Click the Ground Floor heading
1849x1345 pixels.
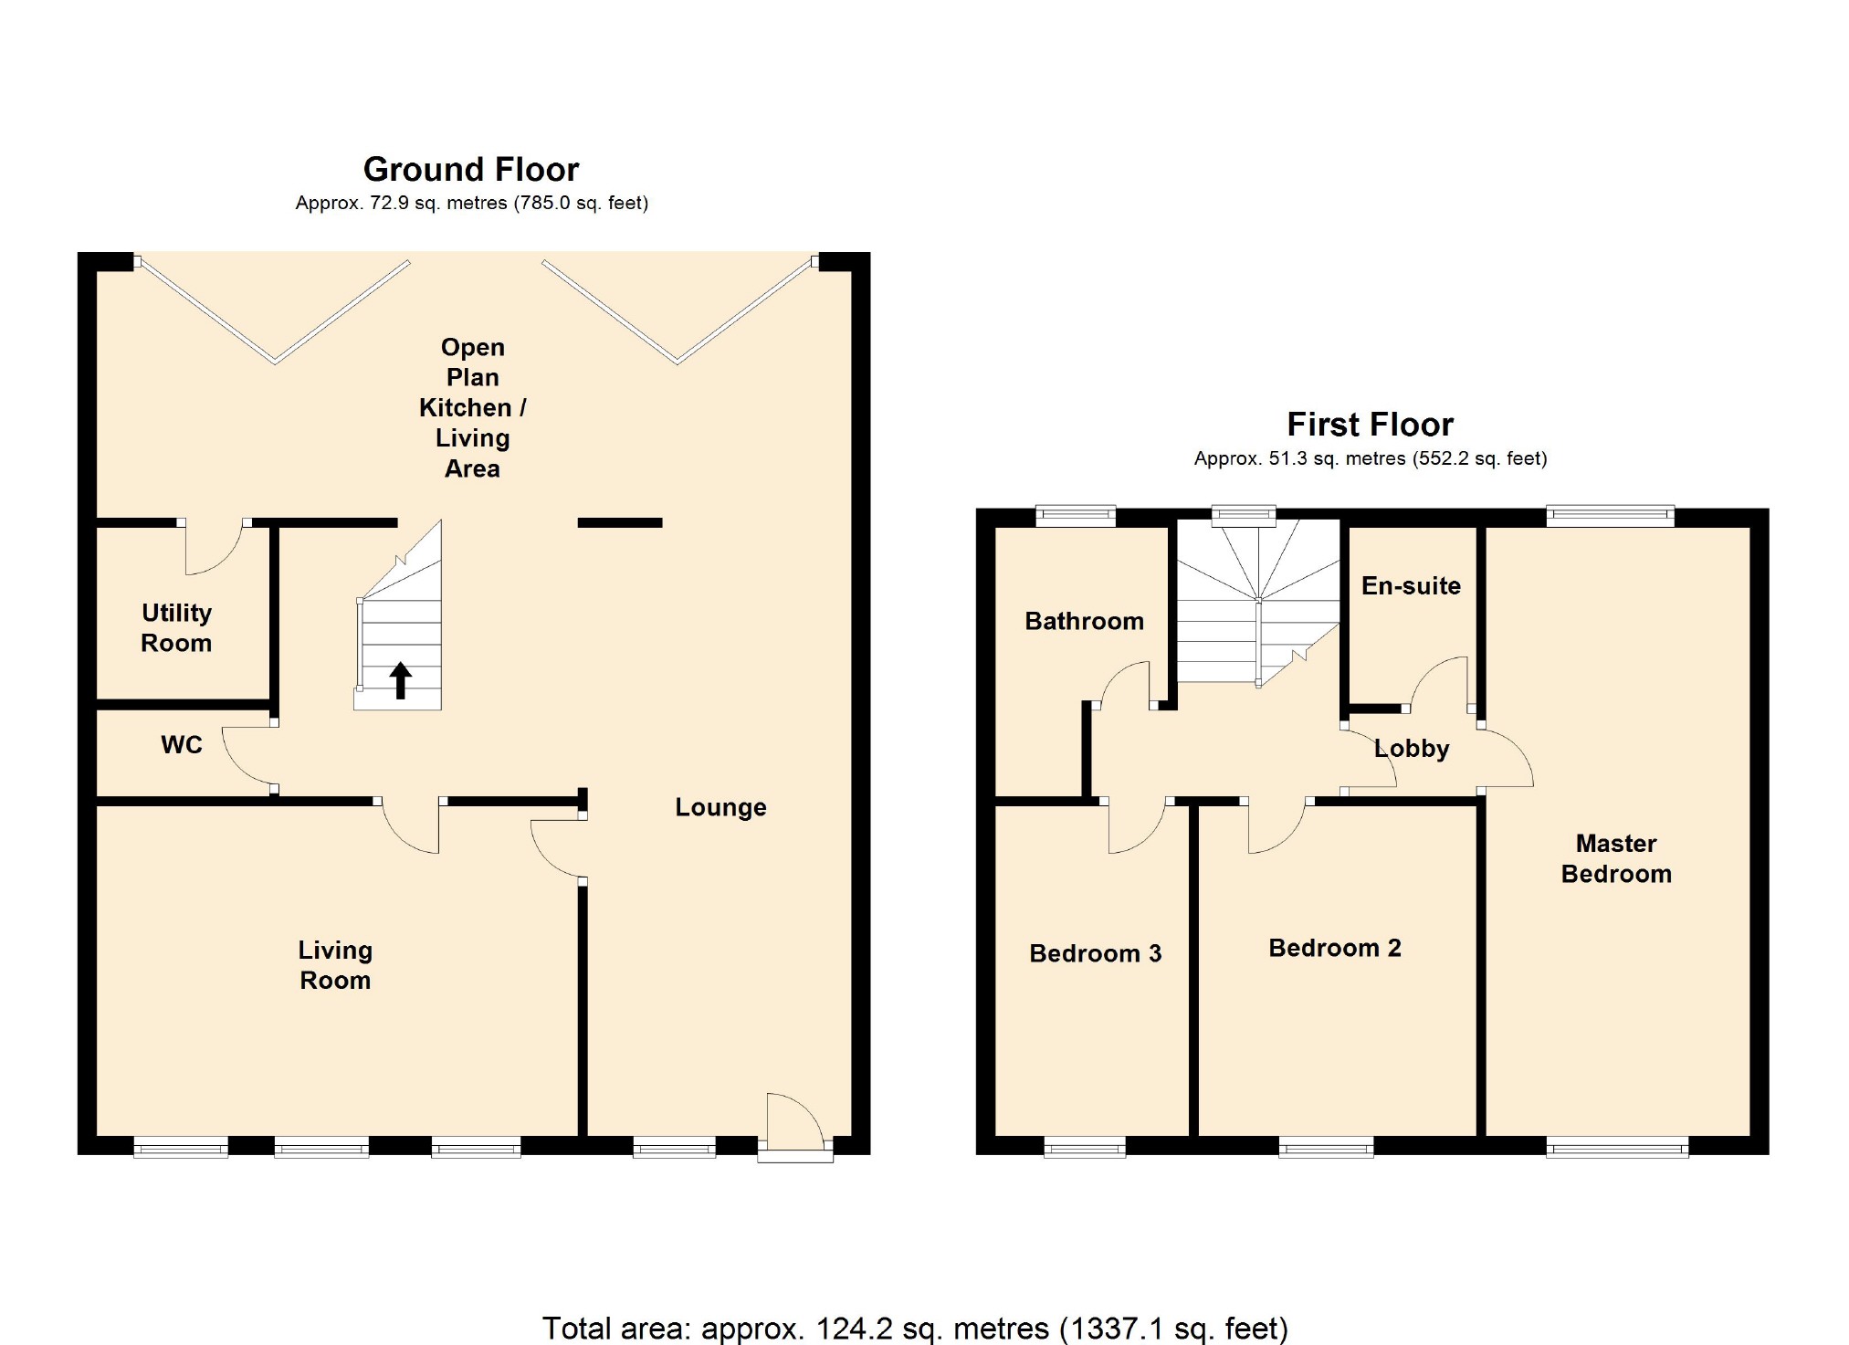click(471, 170)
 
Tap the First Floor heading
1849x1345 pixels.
click(1370, 425)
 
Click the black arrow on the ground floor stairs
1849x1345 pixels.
click(400, 680)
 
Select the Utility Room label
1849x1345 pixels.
click(176, 628)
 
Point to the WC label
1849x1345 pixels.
click(182, 745)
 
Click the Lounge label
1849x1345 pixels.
click(720, 808)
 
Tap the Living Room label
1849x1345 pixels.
click(335, 965)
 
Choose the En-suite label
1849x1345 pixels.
click(1411, 586)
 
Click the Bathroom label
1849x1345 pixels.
click(1084, 622)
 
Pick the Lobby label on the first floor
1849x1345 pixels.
click(1412, 749)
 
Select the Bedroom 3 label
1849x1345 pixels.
click(1095, 954)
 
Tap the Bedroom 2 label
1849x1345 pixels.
click(1334, 949)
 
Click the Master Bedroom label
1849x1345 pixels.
click(1616, 859)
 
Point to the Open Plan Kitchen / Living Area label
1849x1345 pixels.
click(472, 408)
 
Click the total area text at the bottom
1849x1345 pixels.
click(915, 1328)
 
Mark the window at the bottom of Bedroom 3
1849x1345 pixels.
click(1085, 1147)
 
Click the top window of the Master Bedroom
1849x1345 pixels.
click(1611, 516)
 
